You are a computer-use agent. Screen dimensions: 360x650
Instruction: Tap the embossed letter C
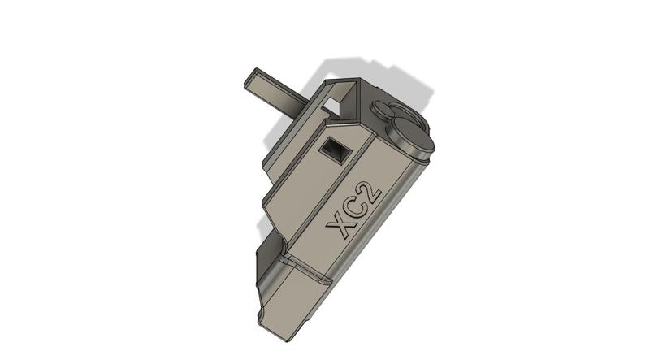tap(356, 206)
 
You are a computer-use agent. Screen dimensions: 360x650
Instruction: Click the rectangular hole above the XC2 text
tap(333, 147)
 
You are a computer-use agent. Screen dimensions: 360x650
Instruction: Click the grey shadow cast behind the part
tap(382, 77)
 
